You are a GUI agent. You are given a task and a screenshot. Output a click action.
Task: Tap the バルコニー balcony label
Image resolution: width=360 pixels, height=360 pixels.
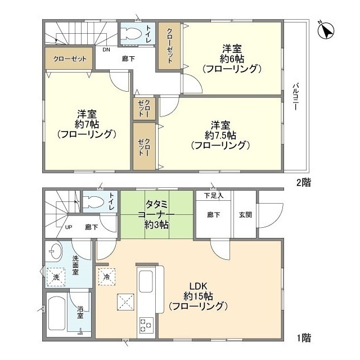point(294,97)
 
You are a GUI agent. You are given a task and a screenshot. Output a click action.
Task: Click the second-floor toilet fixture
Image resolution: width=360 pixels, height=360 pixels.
point(132,32)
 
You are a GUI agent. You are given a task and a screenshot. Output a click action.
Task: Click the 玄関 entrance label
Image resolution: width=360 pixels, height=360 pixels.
point(245,214)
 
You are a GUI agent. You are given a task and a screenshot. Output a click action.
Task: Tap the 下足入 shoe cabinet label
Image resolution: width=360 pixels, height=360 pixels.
point(213,196)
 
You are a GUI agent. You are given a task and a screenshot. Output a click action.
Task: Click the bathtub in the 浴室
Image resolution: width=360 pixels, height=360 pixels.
point(57,313)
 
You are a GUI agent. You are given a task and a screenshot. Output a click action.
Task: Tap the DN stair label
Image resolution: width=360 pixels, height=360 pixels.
point(106,49)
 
